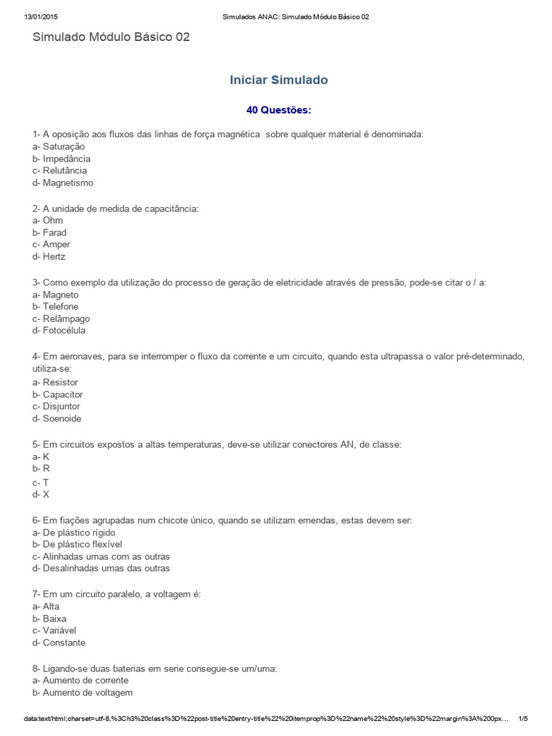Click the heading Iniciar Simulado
point(278,80)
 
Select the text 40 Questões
point(278,110)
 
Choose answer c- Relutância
point(60,170)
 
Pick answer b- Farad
point(50,232)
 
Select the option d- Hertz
point(49,257)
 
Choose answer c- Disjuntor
point(56,406)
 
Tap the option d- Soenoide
point(57,418)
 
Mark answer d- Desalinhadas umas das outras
point(101,569)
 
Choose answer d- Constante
point(59,643)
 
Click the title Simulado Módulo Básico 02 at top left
point(111,37)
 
